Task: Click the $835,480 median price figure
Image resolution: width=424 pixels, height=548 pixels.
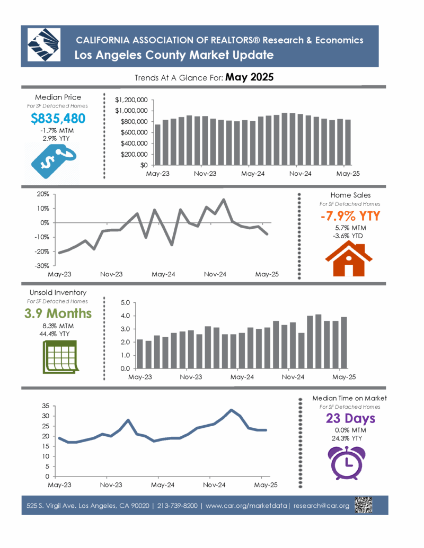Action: [58, 119]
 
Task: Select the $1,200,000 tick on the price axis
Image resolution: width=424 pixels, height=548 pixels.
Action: [131, 100]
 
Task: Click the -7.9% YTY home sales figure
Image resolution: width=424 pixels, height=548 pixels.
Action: [350, 216]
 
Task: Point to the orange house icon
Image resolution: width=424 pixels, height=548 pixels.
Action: [349, 259]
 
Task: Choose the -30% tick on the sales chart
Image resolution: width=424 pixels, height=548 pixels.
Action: [42, 266]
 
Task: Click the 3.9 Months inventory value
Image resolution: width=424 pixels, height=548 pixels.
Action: [58, 313]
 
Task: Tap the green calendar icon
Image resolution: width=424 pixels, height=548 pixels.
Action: [60, 357]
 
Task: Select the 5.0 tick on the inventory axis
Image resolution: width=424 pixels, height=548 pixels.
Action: [125, 303]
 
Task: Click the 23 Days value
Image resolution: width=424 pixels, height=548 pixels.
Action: [350, 418]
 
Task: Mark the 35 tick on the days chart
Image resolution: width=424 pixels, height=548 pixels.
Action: [46, 406]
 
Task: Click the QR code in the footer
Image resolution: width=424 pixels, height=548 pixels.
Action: [364, 505]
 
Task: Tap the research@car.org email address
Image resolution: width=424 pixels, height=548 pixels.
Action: [322, 506]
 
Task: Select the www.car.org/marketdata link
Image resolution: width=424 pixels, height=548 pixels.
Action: [246, 506]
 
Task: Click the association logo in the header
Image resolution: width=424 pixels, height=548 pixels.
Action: [44, 45]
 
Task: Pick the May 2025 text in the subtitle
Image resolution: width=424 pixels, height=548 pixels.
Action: [250, 77]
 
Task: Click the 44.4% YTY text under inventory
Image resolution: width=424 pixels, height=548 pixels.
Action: [55, 334]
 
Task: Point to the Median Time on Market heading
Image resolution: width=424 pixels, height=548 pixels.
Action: [349, 398]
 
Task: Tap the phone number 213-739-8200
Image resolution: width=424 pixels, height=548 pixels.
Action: [178, 506]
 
